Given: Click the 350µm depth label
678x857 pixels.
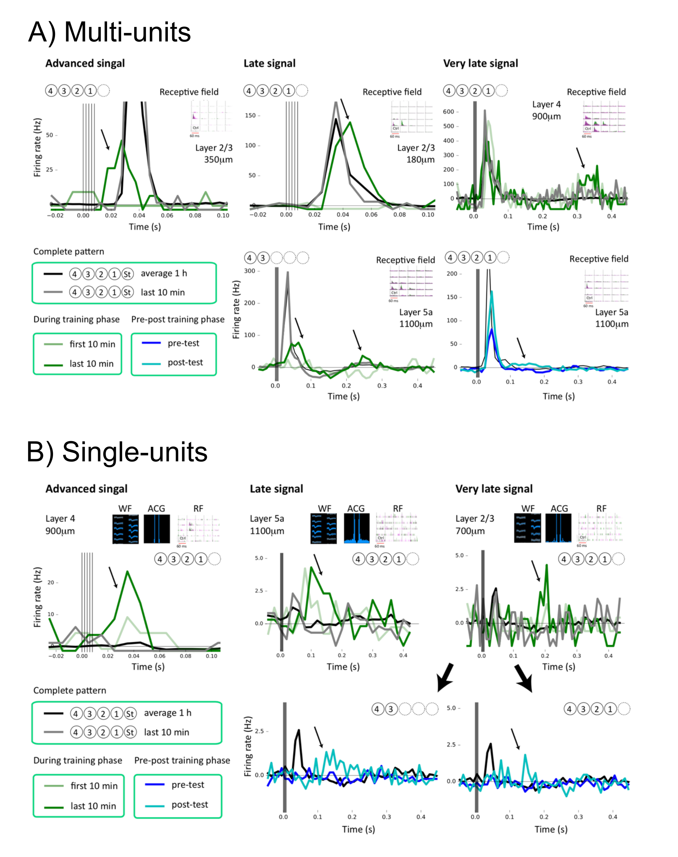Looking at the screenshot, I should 218,160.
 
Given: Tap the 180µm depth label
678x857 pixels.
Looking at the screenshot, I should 420,160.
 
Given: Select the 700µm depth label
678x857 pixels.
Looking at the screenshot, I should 470,531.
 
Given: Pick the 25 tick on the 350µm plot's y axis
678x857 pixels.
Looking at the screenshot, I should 49,170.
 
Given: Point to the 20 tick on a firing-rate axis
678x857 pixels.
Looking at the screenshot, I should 50,583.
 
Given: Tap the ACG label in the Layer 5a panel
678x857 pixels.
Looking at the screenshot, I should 356,509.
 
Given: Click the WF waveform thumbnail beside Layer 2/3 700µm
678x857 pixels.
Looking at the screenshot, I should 527,528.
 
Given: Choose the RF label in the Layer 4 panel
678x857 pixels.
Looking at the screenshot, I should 198,509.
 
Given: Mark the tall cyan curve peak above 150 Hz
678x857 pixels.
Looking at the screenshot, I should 492,292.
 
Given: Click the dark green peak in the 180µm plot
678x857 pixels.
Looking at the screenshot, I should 350,122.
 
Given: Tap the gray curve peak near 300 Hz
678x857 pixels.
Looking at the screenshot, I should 287,272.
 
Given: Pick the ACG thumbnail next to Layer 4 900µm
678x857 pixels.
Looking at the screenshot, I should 157,529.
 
